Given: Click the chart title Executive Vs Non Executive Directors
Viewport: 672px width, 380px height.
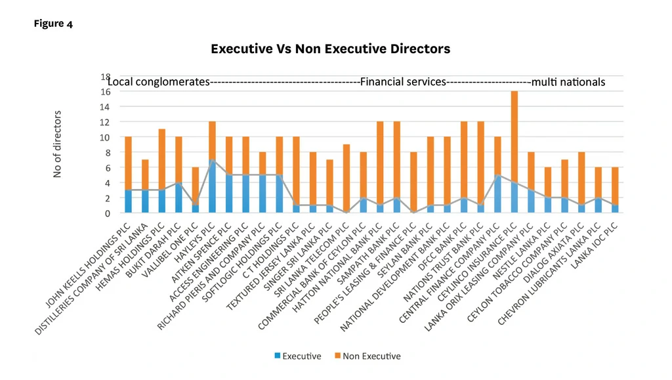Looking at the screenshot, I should pos(330,49).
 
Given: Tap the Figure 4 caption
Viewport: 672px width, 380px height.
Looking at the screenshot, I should pos(53,24).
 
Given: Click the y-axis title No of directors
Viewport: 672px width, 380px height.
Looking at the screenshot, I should pos(57,144).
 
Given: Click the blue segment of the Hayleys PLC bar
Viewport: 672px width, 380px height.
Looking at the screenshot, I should pos(212,186).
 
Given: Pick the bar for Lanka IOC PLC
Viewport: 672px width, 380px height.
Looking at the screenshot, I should pos(615,190).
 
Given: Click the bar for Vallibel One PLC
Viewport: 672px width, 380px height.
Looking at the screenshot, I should pos(195,190).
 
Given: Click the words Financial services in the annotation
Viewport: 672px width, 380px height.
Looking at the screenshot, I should pos(403,83).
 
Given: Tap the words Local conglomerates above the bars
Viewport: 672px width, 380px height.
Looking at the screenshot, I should pos(158,83).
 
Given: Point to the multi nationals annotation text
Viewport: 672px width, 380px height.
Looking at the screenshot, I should pos(568,83).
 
